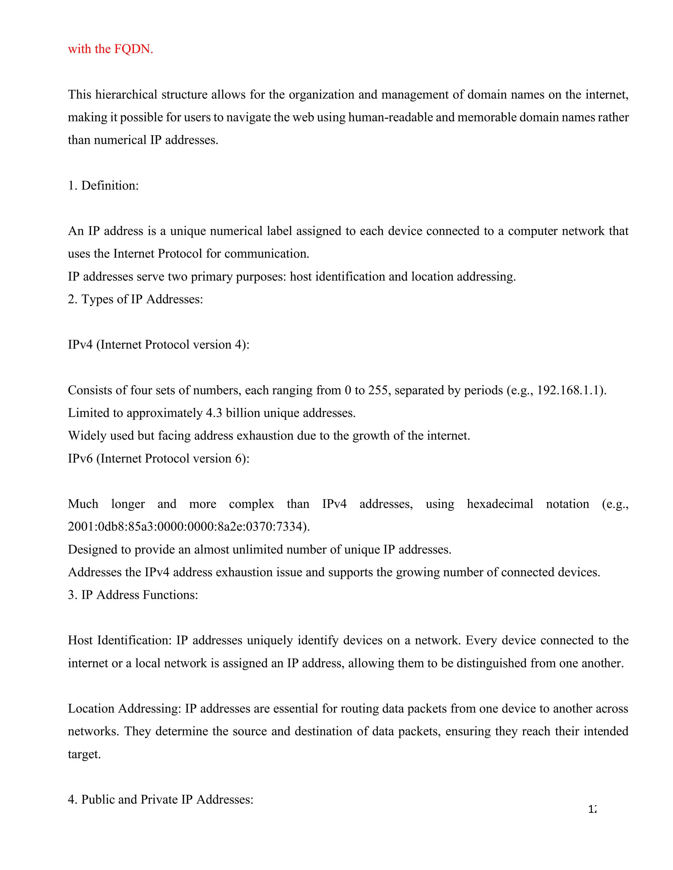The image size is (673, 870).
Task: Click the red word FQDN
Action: [x=133, y=49]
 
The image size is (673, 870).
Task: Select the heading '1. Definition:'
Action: [x=103, y=185]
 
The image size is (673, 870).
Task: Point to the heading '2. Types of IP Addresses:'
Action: [x=135, y=299]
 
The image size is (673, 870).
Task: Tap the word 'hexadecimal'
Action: [x=499, y=504]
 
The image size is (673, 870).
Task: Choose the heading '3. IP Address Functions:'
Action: [x=133, y=595]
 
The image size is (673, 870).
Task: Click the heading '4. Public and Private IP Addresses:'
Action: [x=160, y=799]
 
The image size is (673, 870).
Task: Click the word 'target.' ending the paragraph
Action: [x=84, y=754]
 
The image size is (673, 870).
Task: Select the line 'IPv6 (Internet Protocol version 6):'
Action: [x=158, y=459]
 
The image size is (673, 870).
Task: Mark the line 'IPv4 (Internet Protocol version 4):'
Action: [x=158, y=345]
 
